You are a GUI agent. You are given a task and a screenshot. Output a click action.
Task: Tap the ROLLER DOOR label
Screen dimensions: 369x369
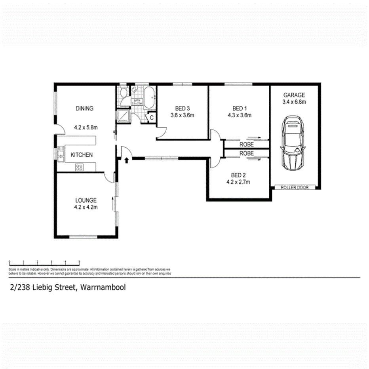pyautogui.click(x=295, y=187)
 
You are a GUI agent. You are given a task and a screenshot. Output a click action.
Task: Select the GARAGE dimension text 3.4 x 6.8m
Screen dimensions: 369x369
pyautogui.click(x=294, y=102)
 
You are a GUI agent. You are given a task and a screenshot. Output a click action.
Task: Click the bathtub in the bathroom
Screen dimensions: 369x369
pyautogui.click(x=150, y=97)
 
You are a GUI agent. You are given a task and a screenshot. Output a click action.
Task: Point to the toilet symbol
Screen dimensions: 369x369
pyautogui.click(x=124, y=94)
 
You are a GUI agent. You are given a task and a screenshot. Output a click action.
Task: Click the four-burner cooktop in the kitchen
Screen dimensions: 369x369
pyautogui.click(x=79, y=167)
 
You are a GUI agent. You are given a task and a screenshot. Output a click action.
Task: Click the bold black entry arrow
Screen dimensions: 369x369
pyautogui.click(x=126, y=160)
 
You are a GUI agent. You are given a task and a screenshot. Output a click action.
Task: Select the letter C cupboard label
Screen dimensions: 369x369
pyautogui.click(x=151, y=118)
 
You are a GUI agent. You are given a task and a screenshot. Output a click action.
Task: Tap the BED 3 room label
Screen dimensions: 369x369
pyautogui.click(x=183, y=108)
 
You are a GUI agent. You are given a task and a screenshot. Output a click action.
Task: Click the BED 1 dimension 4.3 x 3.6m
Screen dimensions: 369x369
pyautogui.click(x=240, y=116)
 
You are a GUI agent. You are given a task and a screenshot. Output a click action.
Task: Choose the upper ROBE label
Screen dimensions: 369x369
pyautogui.click(x=247, y=145)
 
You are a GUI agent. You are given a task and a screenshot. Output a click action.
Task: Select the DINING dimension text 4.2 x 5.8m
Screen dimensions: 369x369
pyautogui.click(x=86, y=127)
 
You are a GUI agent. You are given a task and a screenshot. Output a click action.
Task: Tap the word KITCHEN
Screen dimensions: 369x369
pyautogui.click(x=82, y=155)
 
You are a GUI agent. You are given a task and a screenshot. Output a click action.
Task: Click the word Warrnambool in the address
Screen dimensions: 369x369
pyautogui.click(x=103, y=288)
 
